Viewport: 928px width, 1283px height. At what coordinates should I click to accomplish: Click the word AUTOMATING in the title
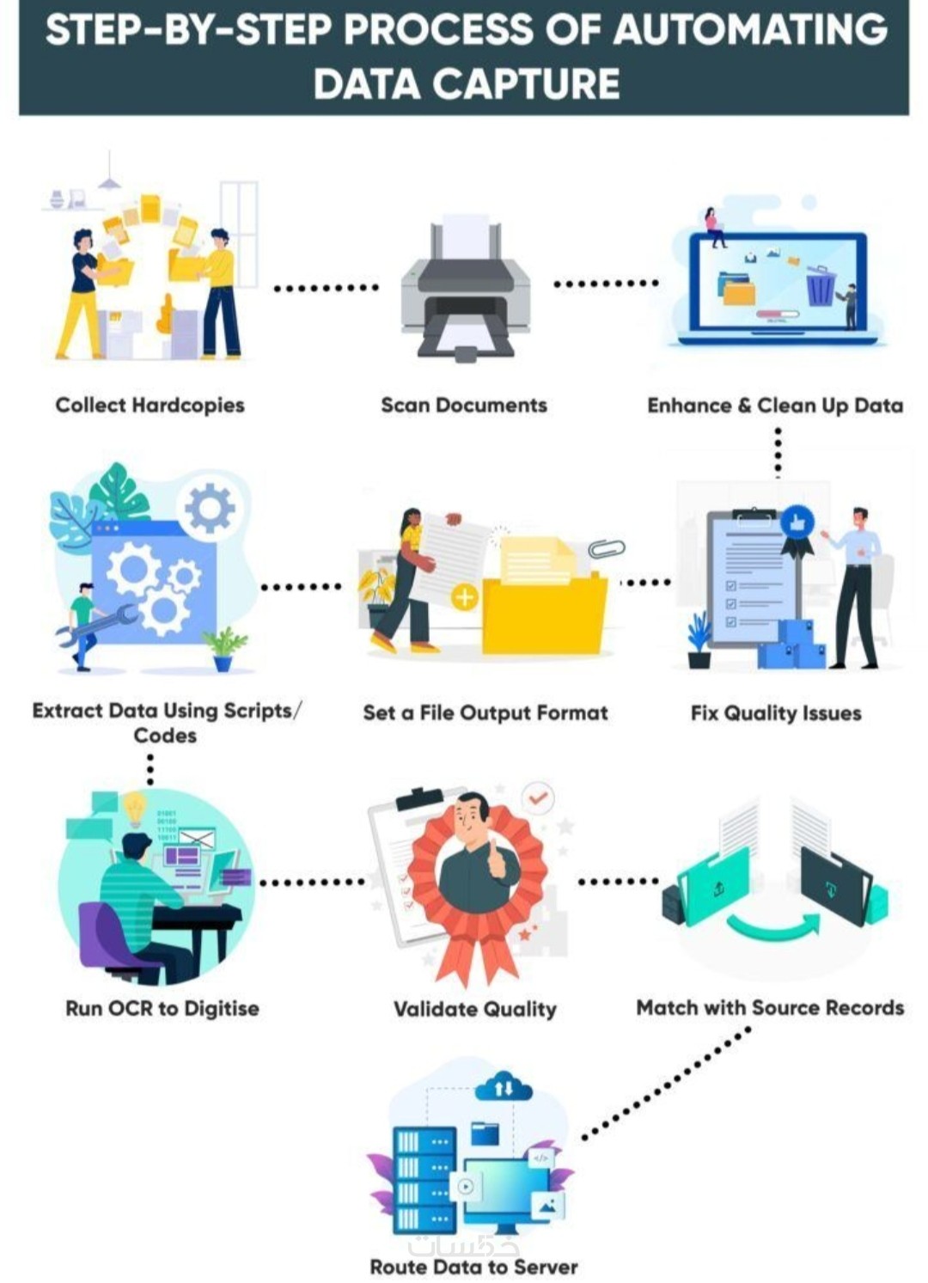[751, 29]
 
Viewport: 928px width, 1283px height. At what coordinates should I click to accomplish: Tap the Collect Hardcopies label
[150, 406]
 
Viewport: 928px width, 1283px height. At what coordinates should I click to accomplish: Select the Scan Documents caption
[464, 406]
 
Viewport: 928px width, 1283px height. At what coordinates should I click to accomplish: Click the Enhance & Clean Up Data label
[775, 406]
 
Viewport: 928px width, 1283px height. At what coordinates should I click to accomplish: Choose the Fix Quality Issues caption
[776, 713]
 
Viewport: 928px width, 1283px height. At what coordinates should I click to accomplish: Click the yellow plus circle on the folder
[465, 597]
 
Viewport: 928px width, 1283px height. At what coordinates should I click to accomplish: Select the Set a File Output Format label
[485, 713]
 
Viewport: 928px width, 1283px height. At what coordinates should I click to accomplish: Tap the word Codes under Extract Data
[166, 736]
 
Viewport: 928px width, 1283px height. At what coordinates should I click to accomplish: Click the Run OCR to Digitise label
[162, 1008]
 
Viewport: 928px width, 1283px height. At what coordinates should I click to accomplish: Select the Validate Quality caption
[475, 1009]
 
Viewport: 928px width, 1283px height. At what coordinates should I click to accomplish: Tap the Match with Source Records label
[771, 1007]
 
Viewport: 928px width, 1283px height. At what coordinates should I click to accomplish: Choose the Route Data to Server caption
[474, 1267]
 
